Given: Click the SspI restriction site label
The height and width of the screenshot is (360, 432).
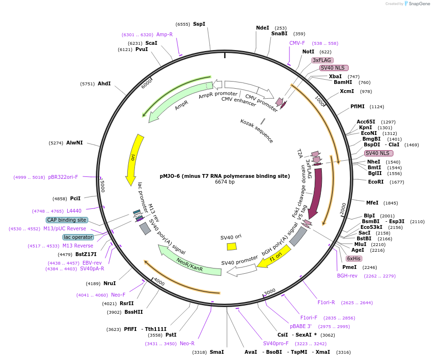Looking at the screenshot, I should tap(199, 24).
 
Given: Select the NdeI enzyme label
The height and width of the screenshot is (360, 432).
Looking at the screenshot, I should tap(263, 28).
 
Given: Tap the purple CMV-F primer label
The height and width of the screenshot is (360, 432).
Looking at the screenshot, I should tap(297, 43).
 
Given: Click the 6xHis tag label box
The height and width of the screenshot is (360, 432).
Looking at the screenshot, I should tap(354, 258).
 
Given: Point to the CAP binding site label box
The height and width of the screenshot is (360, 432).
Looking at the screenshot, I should tap(67, 220).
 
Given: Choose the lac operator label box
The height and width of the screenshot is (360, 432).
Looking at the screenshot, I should tap(78, 237).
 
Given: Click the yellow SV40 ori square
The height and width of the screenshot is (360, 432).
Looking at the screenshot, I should tap(232, 246).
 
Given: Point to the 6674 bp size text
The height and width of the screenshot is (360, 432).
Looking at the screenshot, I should tap(225, 182).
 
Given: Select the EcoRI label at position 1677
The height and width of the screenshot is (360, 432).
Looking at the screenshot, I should tap(376, 182).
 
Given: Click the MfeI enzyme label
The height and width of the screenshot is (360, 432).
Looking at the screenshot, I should tap(372, 203).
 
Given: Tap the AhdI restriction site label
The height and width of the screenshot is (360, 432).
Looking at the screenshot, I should tap(104, 84).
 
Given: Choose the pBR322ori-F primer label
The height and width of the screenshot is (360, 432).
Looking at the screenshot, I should tap(63, 177).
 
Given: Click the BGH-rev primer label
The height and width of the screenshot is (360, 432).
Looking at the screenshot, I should tap(347, 276).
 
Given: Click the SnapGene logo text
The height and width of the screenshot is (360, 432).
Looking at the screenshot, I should tap(418, 4).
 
